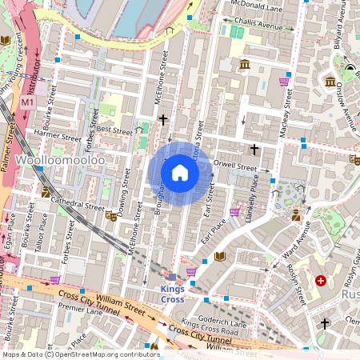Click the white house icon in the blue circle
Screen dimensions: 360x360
pyautogui.click(x=180, y=173)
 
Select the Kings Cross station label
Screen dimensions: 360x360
pyautogui.click(x=173, y=294)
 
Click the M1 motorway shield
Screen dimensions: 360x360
pyautogui.click(x=28, y=102)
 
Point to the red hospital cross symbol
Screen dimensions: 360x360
pyautogui.click(x=321, y=281)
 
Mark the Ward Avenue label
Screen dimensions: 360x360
pyautogui.click(x=294, y=238)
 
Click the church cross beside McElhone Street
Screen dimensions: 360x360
pyautogui.click(x=164, y=120)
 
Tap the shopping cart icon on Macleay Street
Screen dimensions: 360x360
pyautogui.click(x=283, y=81)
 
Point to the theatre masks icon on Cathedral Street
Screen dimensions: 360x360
pyautogui.click(x=110, y=215)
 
